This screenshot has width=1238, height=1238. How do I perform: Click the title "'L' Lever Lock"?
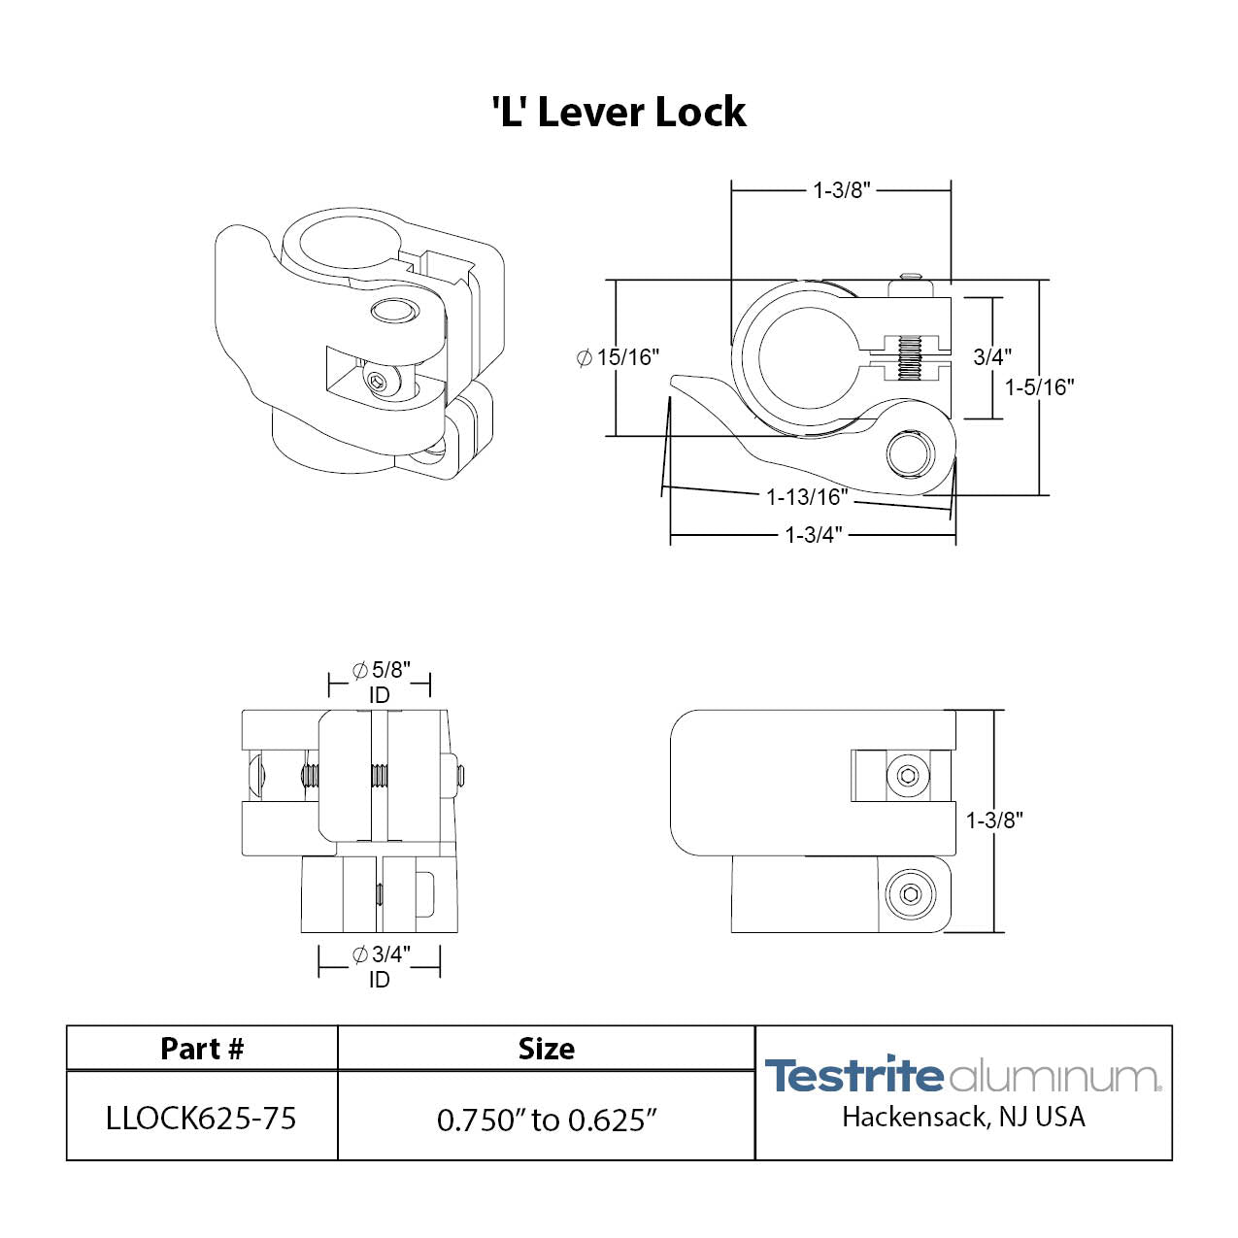click(619, 113)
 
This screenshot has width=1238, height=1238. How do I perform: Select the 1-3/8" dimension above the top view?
click(841, 190)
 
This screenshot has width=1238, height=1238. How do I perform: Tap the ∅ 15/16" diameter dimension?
click(618, 357)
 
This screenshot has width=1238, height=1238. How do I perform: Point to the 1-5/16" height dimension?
click(1039, 387)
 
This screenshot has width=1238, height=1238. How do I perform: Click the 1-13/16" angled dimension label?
click(807, 498)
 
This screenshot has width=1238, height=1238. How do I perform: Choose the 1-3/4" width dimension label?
click(813, 535)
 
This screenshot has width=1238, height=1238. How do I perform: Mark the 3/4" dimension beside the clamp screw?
click(992, 357)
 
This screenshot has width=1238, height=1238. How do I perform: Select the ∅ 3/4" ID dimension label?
click(380, 966)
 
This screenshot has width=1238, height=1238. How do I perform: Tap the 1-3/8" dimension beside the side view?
click(994, 820)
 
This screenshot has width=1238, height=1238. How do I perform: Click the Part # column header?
click(202, 1049)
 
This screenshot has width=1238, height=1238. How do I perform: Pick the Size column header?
click(546, 1049)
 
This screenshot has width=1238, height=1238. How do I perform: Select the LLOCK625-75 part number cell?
click(201, 1119)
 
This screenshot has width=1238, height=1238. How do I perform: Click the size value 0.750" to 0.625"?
click(547, 1120)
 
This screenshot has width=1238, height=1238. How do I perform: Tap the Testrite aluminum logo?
click(962, 1076)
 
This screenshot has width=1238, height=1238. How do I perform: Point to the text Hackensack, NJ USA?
click(963, 1118)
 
